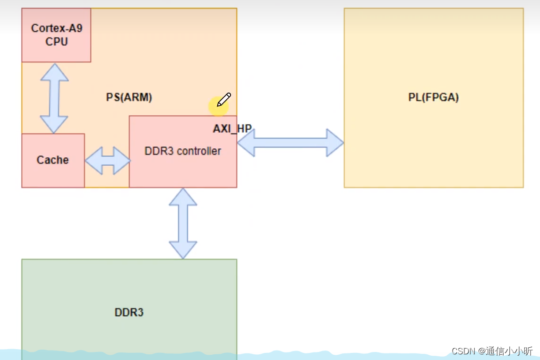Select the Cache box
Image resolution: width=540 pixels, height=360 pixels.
coord(53,160)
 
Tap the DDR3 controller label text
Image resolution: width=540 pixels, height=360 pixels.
coord(182,151)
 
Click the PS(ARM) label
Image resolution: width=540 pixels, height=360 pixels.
coord(129,97)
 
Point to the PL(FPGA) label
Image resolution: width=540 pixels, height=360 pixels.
coord(433,97)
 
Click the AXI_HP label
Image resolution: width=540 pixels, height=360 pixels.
coord(232,129)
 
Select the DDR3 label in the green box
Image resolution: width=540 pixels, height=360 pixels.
coord(129,312)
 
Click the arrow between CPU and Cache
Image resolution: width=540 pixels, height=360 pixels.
coord(54,98)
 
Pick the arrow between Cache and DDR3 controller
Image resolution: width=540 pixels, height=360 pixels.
coord(107,161)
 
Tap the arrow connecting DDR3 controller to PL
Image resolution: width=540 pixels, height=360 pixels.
coord(290,142)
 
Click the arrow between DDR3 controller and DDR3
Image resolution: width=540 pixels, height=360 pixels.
coord(183,223)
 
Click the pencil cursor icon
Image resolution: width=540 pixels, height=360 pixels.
coord(224,100)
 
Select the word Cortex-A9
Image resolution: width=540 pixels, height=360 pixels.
coord(56,28)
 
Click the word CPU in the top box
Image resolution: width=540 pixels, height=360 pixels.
coord(56,42)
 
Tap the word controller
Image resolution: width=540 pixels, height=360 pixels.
coord(198,151)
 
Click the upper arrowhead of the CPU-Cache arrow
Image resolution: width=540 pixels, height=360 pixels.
coord(54,71)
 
